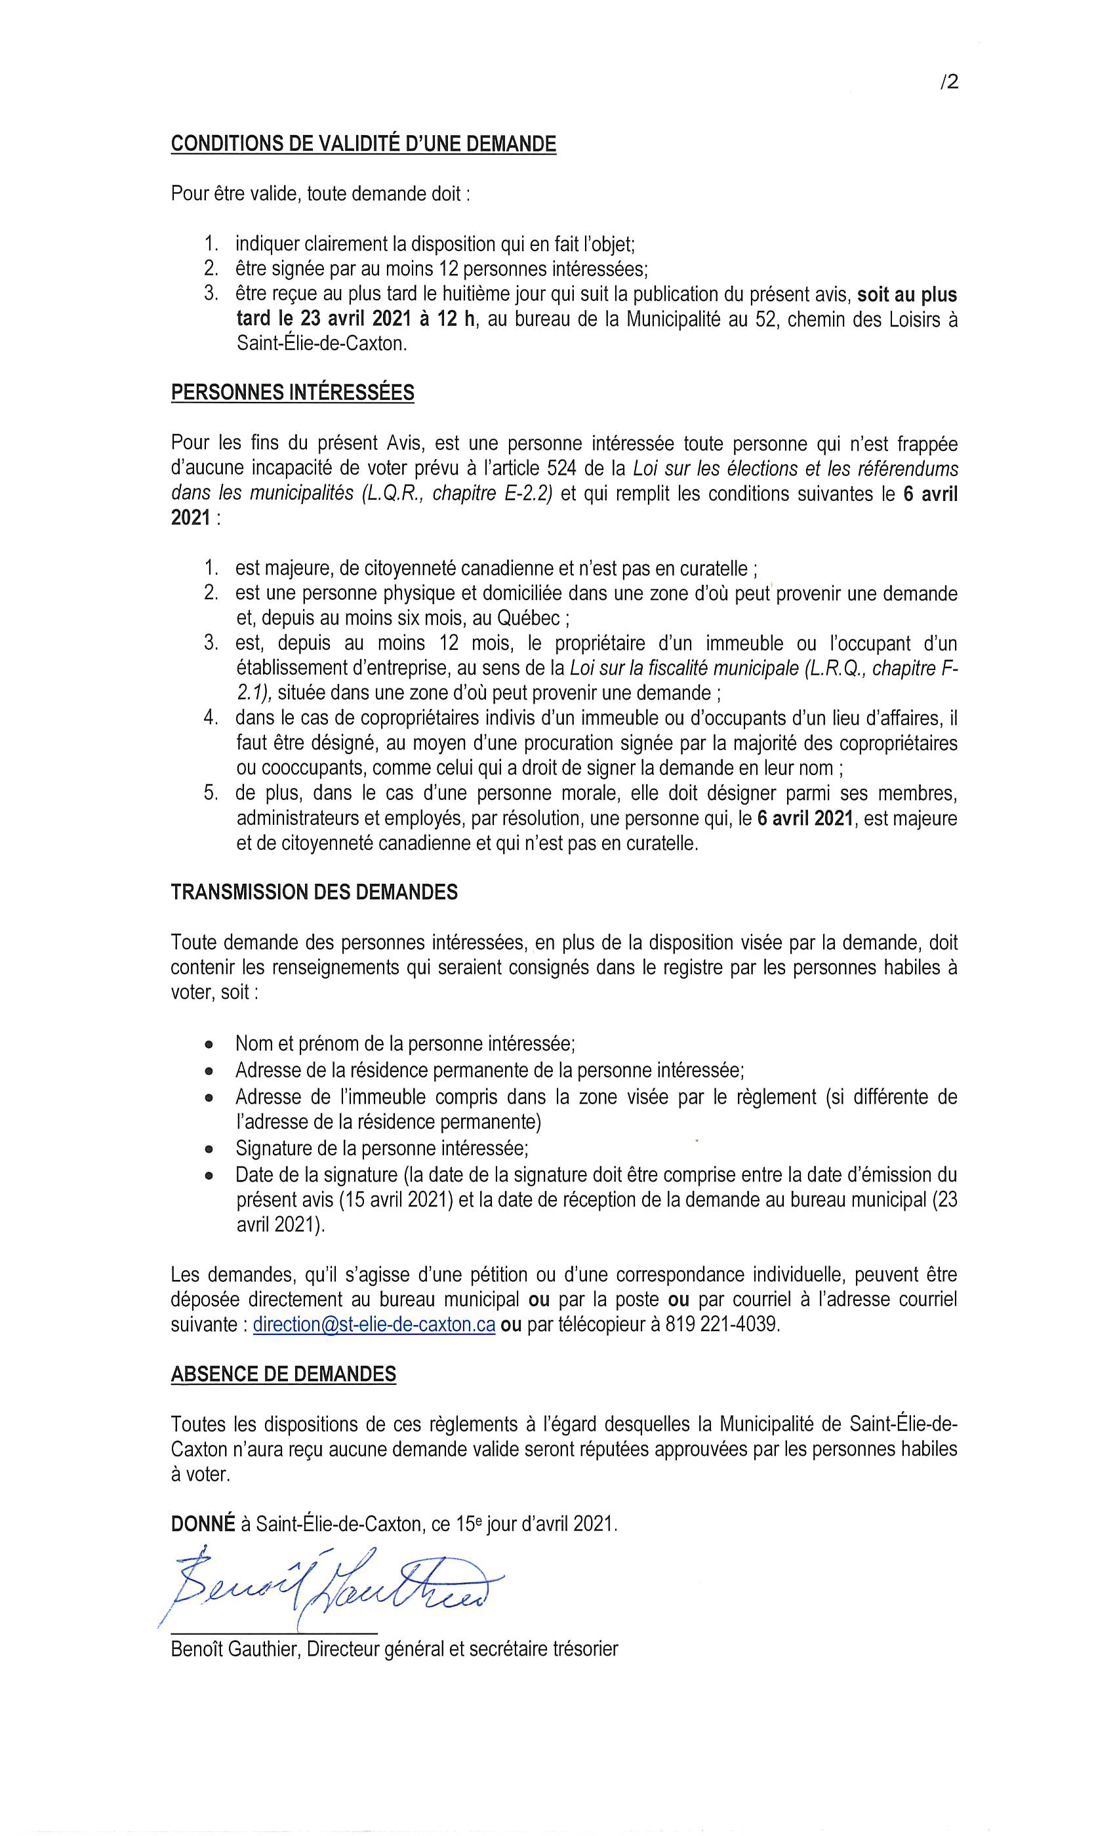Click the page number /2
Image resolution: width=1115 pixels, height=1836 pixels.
pos(949,82)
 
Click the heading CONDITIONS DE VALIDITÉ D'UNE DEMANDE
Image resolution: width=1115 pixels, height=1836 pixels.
pos(363,144)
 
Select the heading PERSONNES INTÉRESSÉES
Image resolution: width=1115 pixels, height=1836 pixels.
pos(292,393)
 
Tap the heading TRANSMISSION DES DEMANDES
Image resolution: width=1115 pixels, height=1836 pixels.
pos(314,892)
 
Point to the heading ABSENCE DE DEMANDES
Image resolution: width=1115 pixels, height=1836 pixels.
pos(283,1374)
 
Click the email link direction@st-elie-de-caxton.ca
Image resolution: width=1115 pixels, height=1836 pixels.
pos(374,1325)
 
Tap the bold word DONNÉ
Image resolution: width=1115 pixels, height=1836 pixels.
pos(203,1524)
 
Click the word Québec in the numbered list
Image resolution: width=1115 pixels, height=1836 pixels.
pos(529,618)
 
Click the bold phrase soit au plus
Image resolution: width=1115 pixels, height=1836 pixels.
pos(906,294)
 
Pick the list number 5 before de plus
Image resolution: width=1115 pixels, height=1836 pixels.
pos(211,793)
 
